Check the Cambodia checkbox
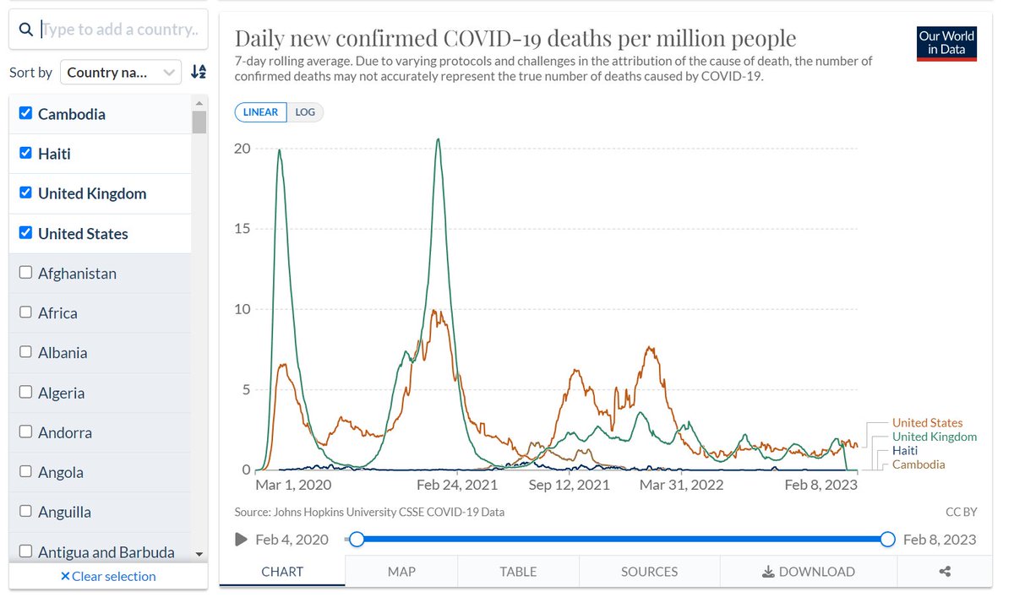click(25, 113)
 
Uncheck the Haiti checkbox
click(25, 153)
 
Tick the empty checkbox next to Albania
click(25, 352)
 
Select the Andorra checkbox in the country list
click(25, 432)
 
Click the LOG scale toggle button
click(305, 111)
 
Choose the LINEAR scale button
click(261, 111)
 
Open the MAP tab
click(401, 572)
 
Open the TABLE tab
click(518, 572)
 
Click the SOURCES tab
click(649, 572)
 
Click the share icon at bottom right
click(945, 572)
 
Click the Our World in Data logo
click(946, 43)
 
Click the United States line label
click(927, 423)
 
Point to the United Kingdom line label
click(935, 437)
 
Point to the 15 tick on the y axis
click(242, 229)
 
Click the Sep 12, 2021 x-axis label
click(569, 485)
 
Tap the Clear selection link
click(108, 576)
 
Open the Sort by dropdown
click(120, 72)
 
